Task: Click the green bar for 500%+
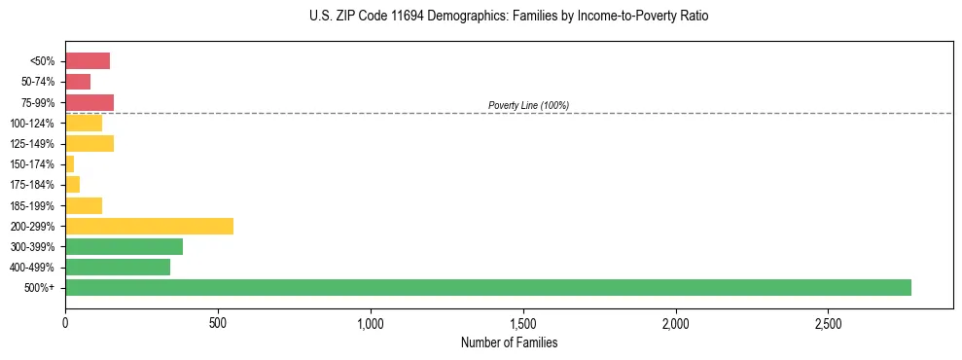click(x=487, y=287)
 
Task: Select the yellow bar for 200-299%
click(x=149, y=226)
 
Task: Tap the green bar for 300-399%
click(x=124, y=246)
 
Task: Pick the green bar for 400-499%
click(x=118, y=267)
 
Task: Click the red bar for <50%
click(x=88, y=61)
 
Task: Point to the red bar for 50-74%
click(x=78, y=82)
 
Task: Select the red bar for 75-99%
click(x=89, y=102)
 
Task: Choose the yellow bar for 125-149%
click(x=89, y=144)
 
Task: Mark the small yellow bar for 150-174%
click(x=69, y=164)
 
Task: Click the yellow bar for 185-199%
click(x=84, y=205)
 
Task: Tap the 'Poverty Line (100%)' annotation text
click(x=528, y=105)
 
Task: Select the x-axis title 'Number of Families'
click(x=509, y=342)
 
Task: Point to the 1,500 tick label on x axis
click(x=523, y=323)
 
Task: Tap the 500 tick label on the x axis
click(x=218, y=323)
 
